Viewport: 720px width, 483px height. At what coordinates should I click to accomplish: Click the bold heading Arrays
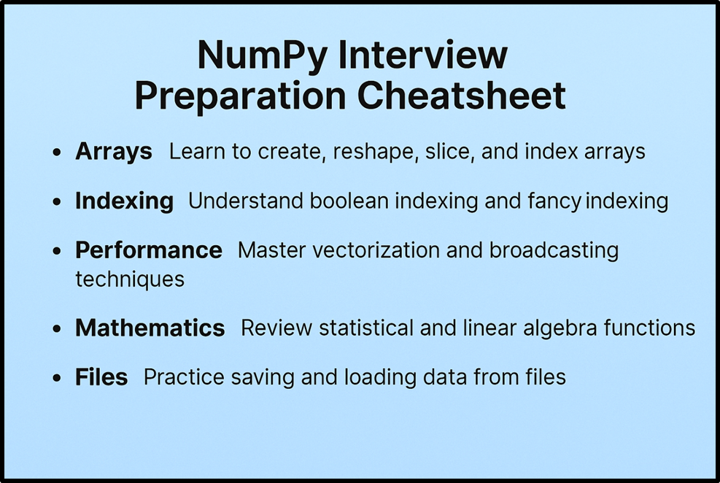point(113,152)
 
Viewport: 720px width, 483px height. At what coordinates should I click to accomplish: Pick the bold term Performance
point(148,250)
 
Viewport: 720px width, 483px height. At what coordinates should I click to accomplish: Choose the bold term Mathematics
point(150,328)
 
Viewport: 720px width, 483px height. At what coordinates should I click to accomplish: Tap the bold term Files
point(101,377)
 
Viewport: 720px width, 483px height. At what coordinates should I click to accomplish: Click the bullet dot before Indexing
point(58,202)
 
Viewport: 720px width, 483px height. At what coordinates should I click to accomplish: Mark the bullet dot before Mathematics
point(58,329)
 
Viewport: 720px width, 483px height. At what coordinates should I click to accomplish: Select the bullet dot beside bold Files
point(58,378)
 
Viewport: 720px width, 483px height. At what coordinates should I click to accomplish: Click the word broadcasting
point(554,250)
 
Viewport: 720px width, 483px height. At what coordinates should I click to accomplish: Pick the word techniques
point(130,279)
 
